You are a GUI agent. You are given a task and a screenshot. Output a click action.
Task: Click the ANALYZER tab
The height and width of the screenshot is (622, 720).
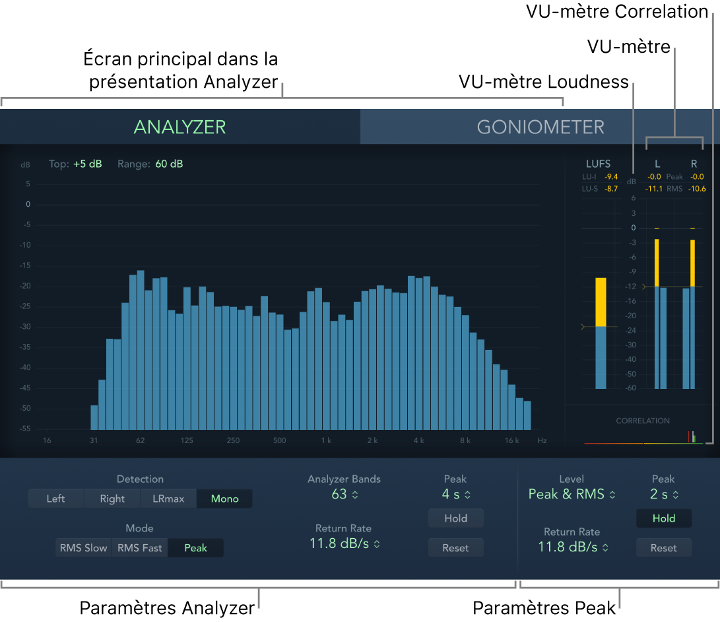(180, 127)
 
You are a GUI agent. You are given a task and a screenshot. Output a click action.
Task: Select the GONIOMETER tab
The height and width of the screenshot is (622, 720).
(540, 127)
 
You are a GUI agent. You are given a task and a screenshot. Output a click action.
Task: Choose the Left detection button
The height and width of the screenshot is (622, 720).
(55, 499)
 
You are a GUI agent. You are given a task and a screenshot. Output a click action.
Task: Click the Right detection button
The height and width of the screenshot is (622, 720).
(112, 499)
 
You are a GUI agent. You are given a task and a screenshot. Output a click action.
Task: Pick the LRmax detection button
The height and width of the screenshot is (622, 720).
(168, 499)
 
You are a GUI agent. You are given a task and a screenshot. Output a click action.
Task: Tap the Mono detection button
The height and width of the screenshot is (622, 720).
(224, 499)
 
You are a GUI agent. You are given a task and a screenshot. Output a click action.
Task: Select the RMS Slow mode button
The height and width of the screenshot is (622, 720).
(84, 547)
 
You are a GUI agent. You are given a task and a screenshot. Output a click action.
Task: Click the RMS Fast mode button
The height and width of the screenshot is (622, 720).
(139, 547)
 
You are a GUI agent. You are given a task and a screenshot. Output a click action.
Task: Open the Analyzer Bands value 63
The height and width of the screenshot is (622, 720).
(344, 494)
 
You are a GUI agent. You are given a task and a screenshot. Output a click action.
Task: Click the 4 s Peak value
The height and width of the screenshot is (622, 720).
(455, 494)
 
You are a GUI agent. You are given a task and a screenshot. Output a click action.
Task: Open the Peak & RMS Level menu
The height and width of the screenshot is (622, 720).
(572, 494)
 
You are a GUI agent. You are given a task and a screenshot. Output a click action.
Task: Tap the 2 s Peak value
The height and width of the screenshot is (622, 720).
(663, 494)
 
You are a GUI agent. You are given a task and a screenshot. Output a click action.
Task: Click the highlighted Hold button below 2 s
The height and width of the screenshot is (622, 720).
(663, 518)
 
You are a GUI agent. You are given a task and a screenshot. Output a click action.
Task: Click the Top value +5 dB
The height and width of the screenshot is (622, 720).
(87, 164)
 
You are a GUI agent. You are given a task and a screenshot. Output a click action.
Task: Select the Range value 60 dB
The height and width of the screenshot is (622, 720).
(169, 164)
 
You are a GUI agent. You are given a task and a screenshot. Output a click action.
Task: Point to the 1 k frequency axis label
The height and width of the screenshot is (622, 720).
(326, 440)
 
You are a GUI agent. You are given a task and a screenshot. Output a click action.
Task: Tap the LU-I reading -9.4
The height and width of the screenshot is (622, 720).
(612, 176)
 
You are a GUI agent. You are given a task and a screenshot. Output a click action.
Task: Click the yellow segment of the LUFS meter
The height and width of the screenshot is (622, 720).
(601, 302)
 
